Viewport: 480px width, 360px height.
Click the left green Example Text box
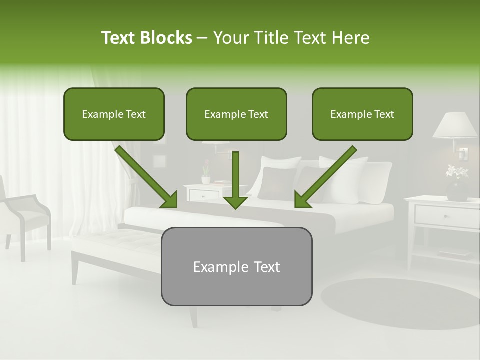pyautogui.click(x=114, y=114)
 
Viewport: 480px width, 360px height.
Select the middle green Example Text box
pyautogui.click(x=236, y=114)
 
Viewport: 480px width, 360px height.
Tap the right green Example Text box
pyautogui.click(x=362, y=114)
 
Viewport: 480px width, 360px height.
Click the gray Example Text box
pyautogui.click(x=236, y=266)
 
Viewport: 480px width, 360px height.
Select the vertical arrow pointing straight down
pyautogui.click(x=235, y=180)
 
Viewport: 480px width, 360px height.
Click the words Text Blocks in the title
pyautogui.click(x=146, y=38)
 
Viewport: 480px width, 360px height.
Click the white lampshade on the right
pyautogui.click(x=454, y=125)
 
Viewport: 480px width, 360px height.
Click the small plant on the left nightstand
pyautogui.click(x=205, y=173)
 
